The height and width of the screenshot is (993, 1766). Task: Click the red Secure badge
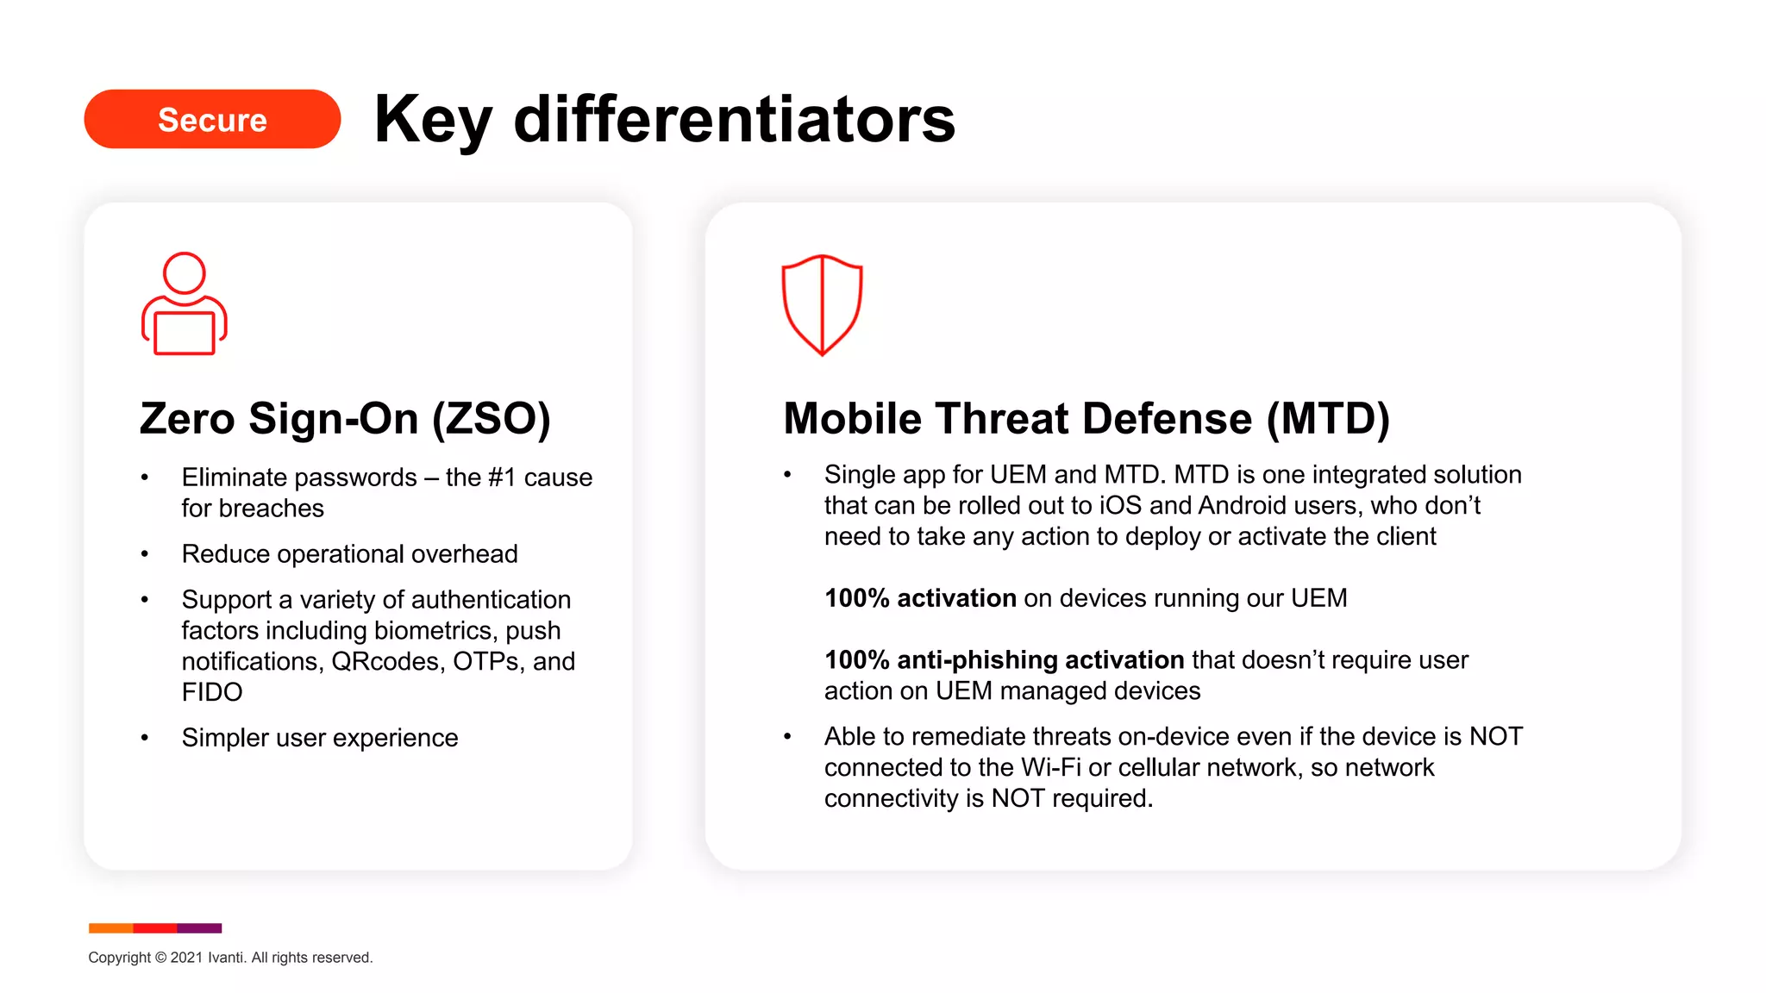[x=212, y=119]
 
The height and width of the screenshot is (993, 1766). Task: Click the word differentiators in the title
[x=734, y=119]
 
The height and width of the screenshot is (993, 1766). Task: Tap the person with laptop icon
[x=184, y=303]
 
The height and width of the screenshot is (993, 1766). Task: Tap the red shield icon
[x=822, y=304]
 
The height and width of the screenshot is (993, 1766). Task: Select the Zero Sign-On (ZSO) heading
[x=345, y=419]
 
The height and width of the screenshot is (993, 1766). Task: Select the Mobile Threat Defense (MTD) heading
[x=1087, y=419]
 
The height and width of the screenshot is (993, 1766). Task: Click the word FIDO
[x=212, y=692]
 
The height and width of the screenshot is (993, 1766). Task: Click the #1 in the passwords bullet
[x=502, y=478]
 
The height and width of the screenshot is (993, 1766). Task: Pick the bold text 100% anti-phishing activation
[x=1004, y=660]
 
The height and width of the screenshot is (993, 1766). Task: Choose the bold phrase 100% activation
[x=920, y=598]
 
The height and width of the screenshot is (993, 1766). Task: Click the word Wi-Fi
[x=1050, y=767]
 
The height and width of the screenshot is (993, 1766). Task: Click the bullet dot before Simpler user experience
[x=145, y=738]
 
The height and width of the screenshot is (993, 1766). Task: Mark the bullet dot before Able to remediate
[x=787, y=737]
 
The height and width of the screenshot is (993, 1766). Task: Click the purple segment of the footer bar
[x=199, y=928]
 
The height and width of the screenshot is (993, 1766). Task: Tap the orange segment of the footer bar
[x=110, y=928]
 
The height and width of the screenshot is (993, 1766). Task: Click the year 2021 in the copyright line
[x=186, y=958]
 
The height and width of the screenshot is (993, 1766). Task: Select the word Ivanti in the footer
[x=225, y=958]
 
